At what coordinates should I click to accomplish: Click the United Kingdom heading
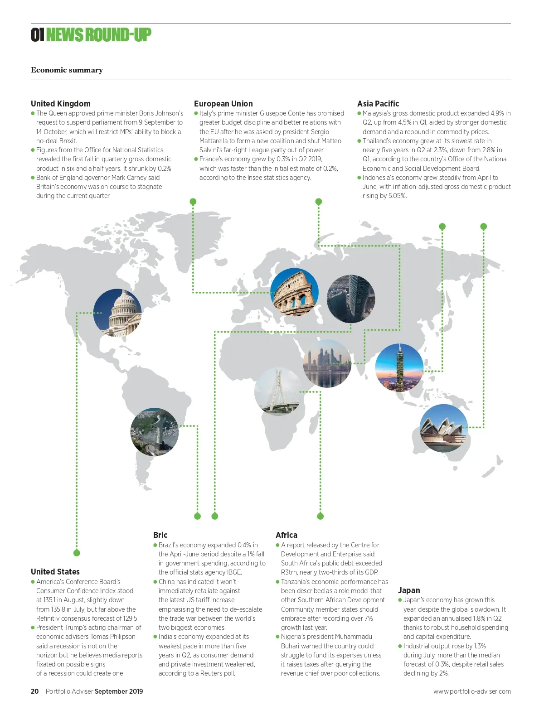pos(61,103)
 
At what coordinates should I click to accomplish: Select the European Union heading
pos(223,103)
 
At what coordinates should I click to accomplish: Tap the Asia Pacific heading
pos(378,103)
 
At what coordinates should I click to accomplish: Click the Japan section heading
pos(409,590)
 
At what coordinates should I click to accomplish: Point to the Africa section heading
pos(287,535)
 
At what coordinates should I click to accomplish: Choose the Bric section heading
pos(160,535)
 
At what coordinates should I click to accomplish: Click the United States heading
pos(55,571)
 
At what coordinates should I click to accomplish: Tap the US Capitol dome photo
pos(117,313)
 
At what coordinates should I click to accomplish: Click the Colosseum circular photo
pos(294,292)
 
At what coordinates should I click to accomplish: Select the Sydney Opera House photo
pos(444,428)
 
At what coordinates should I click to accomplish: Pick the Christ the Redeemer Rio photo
pos(155,432)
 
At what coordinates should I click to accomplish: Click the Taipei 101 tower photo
pos(399,367)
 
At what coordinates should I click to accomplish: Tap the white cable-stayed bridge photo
pos(278,391)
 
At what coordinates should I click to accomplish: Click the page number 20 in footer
pos(35,691)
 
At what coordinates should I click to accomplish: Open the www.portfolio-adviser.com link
pos(472,691)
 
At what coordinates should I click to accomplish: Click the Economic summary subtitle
pos(67,70)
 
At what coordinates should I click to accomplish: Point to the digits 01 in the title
pos(37,34)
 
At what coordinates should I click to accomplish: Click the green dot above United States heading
pos(77,553)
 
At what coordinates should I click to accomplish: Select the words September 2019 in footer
pos(119,691)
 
